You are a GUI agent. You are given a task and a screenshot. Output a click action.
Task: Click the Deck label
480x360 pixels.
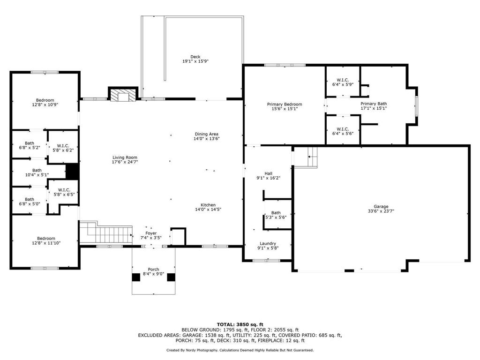pyautogui.click(x=195, y=57)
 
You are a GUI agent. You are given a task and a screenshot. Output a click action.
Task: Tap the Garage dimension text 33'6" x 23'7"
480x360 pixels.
pyautogui.click(x=381, y=211)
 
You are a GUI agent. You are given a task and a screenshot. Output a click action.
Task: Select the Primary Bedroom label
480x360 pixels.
pyautogui.click(x=285, y=105)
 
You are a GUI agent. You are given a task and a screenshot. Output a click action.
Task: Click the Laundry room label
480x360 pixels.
pyautogui.click(x=268, y=244)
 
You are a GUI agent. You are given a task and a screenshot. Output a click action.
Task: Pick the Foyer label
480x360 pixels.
pyautogui.click(x=151, y=233)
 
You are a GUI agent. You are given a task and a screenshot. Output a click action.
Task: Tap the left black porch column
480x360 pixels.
pyautogui.click(x=136, y=277)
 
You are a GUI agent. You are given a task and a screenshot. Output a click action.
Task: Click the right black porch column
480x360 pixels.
pyautogui.click(x=171, y=277)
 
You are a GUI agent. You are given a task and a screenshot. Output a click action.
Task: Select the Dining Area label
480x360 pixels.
pyautogui.click(x=207, y=134)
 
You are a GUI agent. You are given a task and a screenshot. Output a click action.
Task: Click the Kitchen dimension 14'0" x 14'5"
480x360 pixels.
pyautogui.click(x=208, y=210)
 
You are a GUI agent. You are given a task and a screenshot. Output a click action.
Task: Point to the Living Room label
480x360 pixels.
pyautogui.click(x=125, y=157)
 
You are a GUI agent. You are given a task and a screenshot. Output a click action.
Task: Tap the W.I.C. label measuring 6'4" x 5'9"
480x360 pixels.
pyautogui.click(x=343, y=80)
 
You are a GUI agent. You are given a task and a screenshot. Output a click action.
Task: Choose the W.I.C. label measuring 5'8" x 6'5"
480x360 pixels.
pyautogui.click(x=64, y=190)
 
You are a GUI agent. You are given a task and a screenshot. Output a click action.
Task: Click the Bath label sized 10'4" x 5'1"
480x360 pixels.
pyautogui.click(x=37, y=171)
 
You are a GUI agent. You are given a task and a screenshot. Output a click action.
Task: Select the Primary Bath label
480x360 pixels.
pyautogui.click(x=374, y=104)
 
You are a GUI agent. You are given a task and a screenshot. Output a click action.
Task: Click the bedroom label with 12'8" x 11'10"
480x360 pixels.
pyautogui.click(x=46, y=239)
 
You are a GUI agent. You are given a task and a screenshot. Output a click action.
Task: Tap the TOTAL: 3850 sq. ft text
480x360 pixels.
pyautogui.click(x=240, y=324)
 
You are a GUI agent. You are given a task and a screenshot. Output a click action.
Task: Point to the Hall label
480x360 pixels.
pyautogui.click(x=269, y=173)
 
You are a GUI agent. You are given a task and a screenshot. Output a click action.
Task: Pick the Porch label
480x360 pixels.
pyautogui.click(x=153, y=270)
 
